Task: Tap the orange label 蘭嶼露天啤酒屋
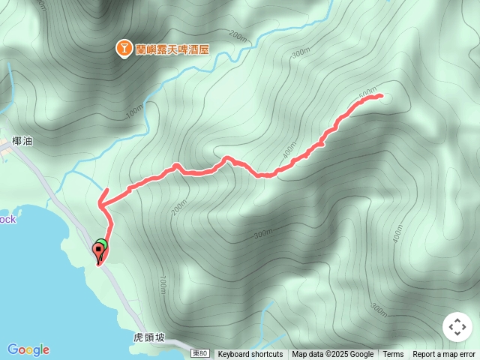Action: (172, 49)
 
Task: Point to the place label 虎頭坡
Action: (148, 338)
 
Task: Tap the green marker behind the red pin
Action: (103, 244)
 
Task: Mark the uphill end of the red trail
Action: (381, 95)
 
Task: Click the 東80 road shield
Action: (199, 353)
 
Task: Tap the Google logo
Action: (28, 349)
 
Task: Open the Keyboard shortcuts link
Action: (250, 355)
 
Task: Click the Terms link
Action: (393, 355)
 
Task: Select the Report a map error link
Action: (444, 355)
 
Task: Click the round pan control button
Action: (457, 328)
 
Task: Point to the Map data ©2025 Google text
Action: (332, 355)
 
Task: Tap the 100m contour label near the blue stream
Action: (135, 112)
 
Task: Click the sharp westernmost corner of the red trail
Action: (100, 202)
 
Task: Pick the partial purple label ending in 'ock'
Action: (7, 219)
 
